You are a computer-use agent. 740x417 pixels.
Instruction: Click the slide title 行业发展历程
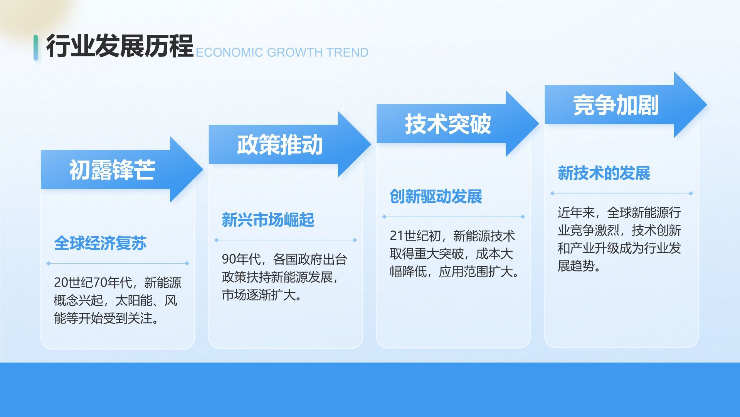click(x=119, y=46)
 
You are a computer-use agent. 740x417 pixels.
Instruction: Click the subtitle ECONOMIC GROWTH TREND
click(x=282, y=53)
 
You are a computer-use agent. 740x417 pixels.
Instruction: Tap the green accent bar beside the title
click(x=35, y=47)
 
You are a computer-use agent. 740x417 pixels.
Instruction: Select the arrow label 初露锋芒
click(x=112, y=170)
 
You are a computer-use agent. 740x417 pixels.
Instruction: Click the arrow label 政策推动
click(x=280, y=145)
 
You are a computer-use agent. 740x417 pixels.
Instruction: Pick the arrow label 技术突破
click(x=448, y=124)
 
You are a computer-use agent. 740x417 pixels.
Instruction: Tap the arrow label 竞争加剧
click(x=616, y=105)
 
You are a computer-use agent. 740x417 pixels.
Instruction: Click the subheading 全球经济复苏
click(x=100, y=243)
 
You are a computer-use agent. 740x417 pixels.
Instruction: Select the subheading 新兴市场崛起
click(x=268, y=220)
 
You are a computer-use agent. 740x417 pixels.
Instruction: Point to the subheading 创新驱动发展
click(x=436, y=197)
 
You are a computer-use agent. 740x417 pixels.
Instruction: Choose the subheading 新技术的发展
click(x=604, y=173)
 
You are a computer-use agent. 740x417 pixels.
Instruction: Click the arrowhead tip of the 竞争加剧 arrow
click(x=706, y=105)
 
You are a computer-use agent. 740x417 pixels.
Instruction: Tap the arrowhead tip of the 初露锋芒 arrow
click(x=203, y=169)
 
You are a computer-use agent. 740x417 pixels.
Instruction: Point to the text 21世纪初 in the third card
click(x=415, y=236)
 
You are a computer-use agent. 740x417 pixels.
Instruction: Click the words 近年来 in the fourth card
click(x=576, y=212)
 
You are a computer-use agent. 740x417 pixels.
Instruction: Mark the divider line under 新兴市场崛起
click(x=286, y=240)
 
